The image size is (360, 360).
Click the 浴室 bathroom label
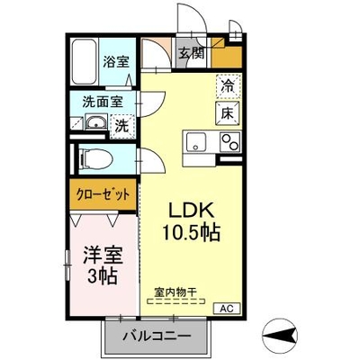pyautogui.click(x=116, y=62)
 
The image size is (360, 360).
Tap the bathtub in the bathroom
pyautogui.click(x=85, y=62)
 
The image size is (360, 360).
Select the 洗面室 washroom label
pyautogui.click(x=103, y=103)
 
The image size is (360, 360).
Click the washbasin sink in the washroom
pyautogui.click(x=95, y=123)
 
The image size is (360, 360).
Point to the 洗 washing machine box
pyautogui.click(x=122, y=126)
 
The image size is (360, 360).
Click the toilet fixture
pyautogui.click(x=95, y=159)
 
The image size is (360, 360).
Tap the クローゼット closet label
pyautogui.click(x=103, y=194)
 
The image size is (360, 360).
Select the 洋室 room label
pyautogui.click(x=103, y=256)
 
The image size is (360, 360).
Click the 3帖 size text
pyautogui.click(x=102, y=276)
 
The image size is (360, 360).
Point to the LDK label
pyautogui.click(x=192, y=211)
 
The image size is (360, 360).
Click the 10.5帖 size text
pyautogui.click(x=192, y=232)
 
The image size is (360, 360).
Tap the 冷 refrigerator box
pyautogui.click(x=229, y=86)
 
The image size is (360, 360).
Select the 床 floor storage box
pyautogui.click(x=228, y=112)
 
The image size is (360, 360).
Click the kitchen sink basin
pyautogui.click(x=196, y=141)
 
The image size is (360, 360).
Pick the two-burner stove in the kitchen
pyautogui.click(x=230, y=141)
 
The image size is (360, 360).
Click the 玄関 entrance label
pyautogui.click(x=192, y=54)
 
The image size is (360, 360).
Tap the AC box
pyautogui.click(x=227, y=309)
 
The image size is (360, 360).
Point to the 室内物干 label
pyautogui.click(x=175, y=291)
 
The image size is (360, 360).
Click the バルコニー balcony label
pyautogui.click(x=157, y=335)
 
